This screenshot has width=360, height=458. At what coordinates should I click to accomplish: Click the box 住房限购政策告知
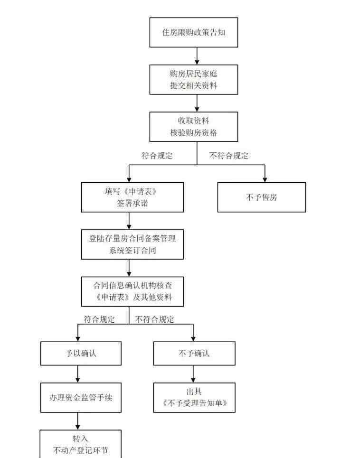[x=193, y=32]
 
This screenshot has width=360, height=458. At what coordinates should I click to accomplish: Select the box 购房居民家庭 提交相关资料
[x=193, y=79]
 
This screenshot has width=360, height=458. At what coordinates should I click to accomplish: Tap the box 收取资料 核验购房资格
[x=193, y=127]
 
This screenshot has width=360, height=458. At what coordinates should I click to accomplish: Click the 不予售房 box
[x=262, y=197]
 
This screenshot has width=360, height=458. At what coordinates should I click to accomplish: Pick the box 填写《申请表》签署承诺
[x=133, y=197]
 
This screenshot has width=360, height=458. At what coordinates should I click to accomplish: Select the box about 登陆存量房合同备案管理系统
[x=133, y=244]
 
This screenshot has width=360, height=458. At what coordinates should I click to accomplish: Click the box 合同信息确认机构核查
[x=133, y=291]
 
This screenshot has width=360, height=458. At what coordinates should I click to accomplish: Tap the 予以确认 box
[x=81, y=354]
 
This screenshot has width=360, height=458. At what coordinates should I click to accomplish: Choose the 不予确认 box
[x=194, y=354]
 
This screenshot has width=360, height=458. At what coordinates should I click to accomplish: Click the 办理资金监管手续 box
[x=81, y=398]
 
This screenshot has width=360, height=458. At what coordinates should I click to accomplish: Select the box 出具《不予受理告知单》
[x=194, y=398]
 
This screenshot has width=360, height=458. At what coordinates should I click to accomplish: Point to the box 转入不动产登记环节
[x=80, y=444]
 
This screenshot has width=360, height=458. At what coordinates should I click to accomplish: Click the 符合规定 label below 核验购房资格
[x=157, y=156]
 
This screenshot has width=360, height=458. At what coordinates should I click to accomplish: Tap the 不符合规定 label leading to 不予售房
[x=229, y=156]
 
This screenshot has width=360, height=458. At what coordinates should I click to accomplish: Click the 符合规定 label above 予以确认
[x=99, y=319]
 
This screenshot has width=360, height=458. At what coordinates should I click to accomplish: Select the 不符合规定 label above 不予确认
[x=154, y=319]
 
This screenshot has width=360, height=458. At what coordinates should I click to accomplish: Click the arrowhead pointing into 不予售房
[x=265, y=179]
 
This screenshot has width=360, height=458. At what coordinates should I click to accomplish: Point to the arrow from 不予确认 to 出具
[x=193, y=374]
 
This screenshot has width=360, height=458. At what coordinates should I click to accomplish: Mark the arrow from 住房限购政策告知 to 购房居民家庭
[x=197, y=56]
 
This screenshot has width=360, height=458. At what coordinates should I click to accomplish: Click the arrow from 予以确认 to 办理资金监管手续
[x=77, y=374]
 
